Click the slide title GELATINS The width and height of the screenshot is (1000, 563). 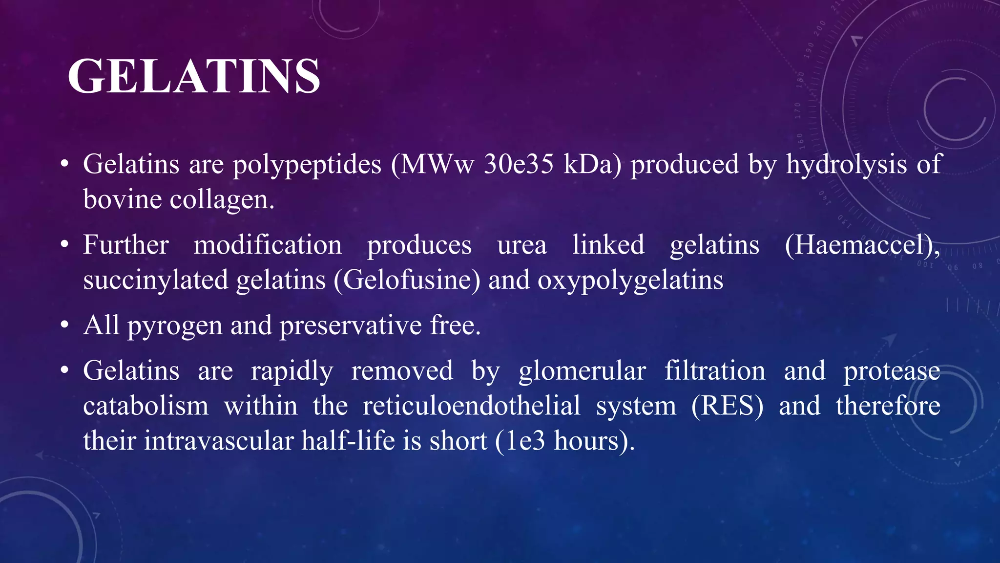(x=194, y=76)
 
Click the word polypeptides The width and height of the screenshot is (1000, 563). (x=307, y=165)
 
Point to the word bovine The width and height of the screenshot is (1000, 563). (x=122, y=199)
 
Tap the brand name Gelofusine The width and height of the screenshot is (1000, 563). (x=407, y=281)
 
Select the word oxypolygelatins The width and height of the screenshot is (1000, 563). (x=630, y=281)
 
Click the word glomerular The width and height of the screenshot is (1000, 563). (x=582, y=371)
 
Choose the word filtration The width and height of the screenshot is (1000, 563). (x=715, y=371)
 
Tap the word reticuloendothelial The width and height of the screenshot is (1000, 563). (x=471, y=406)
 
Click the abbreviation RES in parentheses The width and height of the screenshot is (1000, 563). (x=728, y=406)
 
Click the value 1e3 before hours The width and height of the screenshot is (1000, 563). (x=525, y=441)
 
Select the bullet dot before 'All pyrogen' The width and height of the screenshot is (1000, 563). (x=64, y=325)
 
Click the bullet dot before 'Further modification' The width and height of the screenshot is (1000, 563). (x=64, y=244)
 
